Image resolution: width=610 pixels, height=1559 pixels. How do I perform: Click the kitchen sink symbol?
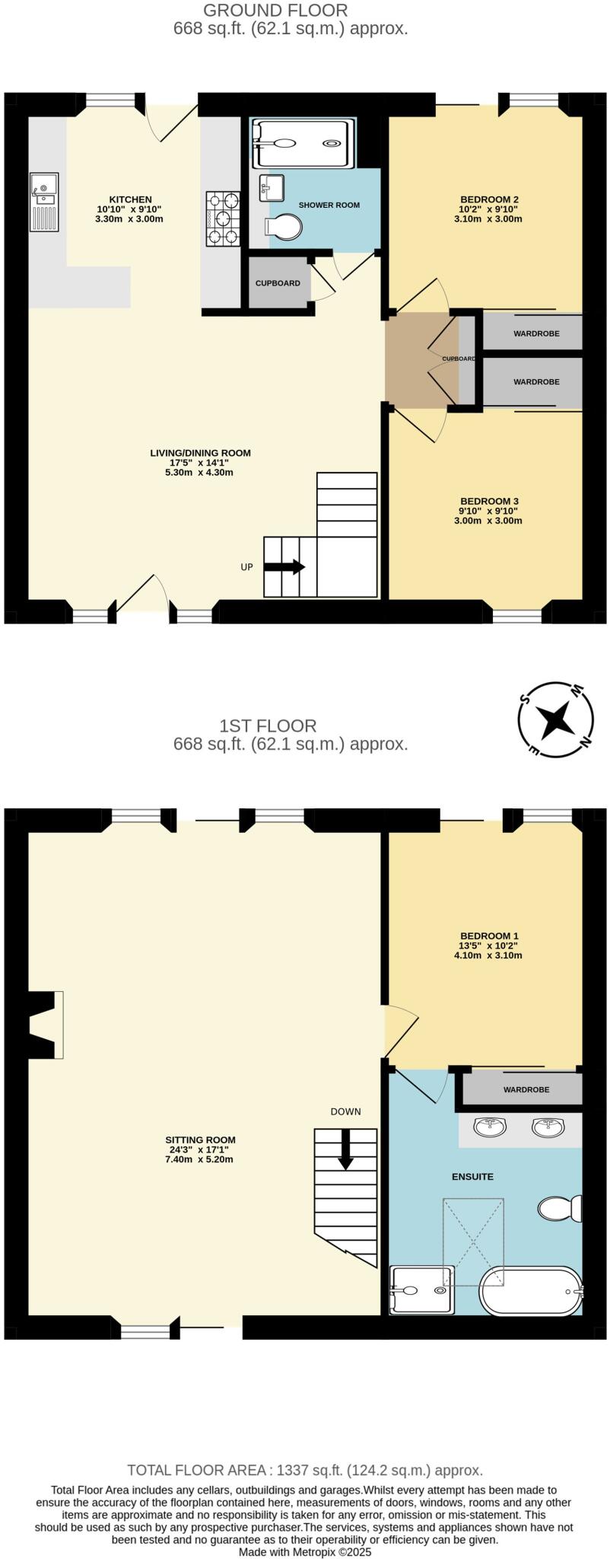pyautogui.click(x=43, y=202)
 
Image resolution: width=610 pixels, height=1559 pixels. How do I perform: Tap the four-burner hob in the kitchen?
pyautogui.click(x=222, y=218)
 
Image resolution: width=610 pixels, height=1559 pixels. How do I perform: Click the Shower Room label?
pyautogui.click(x=329, y=206)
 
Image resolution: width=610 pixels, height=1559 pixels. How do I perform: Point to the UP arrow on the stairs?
pyautogui.click(x=284, y=567)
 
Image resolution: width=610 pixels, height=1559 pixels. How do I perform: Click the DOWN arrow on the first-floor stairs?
pyautogui.click(x=345, y=1149)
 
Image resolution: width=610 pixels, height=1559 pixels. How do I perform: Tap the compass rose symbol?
pyautogui.click(x=555, y=719)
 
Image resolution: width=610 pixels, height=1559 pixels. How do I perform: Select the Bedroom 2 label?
pyautogui.click(x=489, y=200)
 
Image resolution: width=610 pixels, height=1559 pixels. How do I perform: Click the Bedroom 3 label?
pyautogui.click(x=489, y=502)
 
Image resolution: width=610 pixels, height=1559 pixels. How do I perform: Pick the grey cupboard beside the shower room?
pyautogui.click(x=278, y=283)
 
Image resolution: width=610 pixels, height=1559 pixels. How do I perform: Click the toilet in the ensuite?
pyautogui.click(x=561, y=1208)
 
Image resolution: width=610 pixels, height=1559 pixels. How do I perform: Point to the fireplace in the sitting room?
pyautogui.click(x=46, y=1024)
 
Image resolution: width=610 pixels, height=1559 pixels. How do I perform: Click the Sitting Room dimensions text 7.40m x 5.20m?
pyautogui.click(x=201, y=1159)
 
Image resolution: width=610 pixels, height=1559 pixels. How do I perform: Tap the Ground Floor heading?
pyautogui.click(x=276, y=11)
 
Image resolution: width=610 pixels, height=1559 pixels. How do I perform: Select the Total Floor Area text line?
pyautogui.click(x=305, y=1470)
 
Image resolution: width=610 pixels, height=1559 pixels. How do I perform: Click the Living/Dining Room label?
pyautogui.click(x=200, y=453)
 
